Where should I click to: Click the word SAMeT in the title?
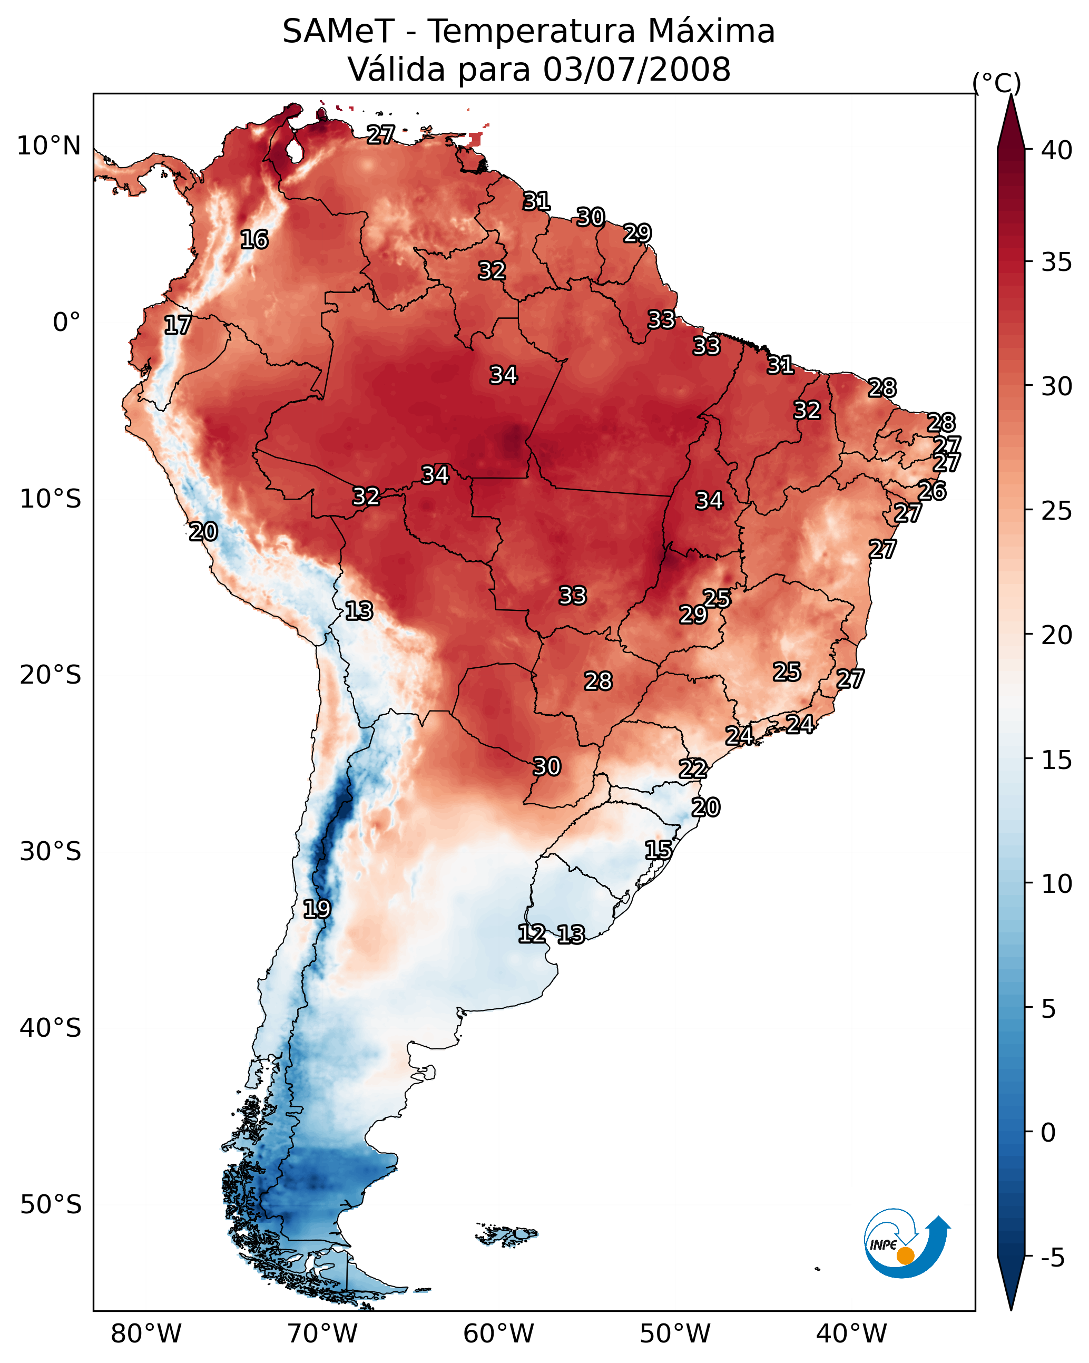pyautogui.click(x=338, y=32)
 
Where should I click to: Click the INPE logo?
pyautogui.click(x=905, y=1245)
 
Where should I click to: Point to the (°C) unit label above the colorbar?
pyautogui.click(x=996, y=83)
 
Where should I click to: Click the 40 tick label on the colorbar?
pyautogui.click(x=1057, y=150)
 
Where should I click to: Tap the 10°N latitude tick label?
pyautogui.click(x=48, y=146)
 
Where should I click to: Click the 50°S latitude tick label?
pyautogui.click(x=51, y=1205)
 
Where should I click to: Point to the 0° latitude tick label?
pyautogui.click(x=66, y=323)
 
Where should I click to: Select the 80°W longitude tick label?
pyautogui.click(x=146, y=1334)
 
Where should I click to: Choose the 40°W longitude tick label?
pyautogui.click(x=851, y=1334)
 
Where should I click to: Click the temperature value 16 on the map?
pyautogui.click(x=254, y=240)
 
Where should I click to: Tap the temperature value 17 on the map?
pyautogui.click(x=178, y=325)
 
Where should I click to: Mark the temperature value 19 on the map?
pyautogui.click(x=317, y=909)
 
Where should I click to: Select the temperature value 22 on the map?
pyautogui.click(x=693, y=769)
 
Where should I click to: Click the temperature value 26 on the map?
pyautogui.click(x=931, y=491)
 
